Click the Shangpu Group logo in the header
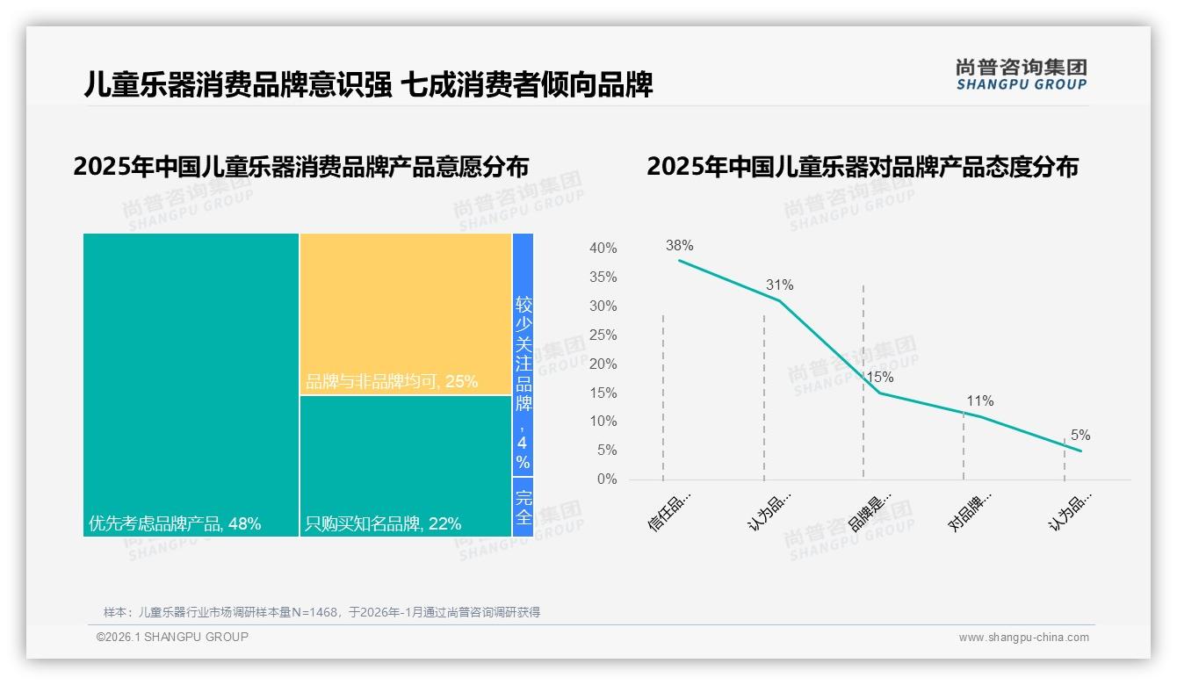click(x=1021, y=74)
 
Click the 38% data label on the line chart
click(x=679, y=246)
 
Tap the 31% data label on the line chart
click(x=779, y=285)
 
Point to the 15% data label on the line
click(x=879, y=378)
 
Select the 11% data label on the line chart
click(x=979, y=401)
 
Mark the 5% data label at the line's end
click(x=1080, y=436)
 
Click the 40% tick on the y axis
click(x=603, y=249)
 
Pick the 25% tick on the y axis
click(x=603, y=335)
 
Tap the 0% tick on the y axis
click(x=606, y=479)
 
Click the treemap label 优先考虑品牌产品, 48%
click(x=175, y=524)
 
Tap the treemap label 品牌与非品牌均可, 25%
click(x=392, y=382)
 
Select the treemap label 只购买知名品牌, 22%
click(x=383, y=524)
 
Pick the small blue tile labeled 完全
click(x=523, y=507)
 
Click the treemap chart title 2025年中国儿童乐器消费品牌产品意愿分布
click(x=301, y=167)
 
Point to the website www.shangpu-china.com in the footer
click(x=1023, y=638)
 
